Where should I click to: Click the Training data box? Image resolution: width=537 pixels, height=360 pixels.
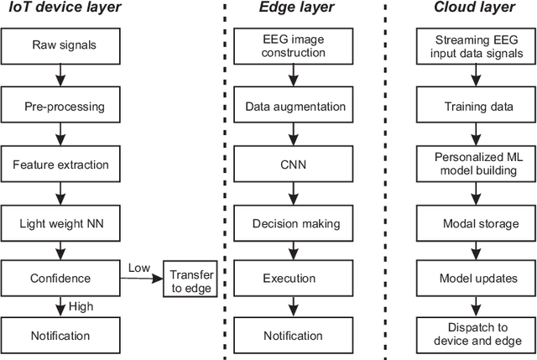click(474, 107)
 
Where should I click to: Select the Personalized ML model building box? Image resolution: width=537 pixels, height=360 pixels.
click(474, 164)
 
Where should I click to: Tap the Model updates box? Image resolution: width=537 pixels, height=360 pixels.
click(474, 278)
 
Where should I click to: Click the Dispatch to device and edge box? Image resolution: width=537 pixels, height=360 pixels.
click(474, 335)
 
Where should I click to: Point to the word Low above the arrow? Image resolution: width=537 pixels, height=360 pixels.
click(140, 268)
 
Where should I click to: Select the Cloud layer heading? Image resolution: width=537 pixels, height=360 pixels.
click(473, 9)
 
